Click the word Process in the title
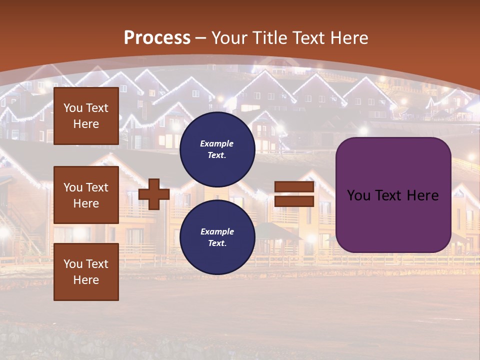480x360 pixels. [x=157, y=37]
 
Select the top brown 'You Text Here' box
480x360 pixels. [x=86, y=116]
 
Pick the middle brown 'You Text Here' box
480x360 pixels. [x=86, y=195]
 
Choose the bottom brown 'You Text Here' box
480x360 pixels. [x=86, y=272]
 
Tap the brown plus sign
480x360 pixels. [x=154, y=194]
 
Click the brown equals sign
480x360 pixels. [x=294, y=194]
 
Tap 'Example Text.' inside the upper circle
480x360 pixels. [x=217, y=149]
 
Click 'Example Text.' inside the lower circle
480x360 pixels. [x=217, y=237]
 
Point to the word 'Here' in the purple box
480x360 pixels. [x=423, y=195]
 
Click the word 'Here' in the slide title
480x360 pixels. [x=350, y=37]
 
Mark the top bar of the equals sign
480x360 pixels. [x=294, y=187]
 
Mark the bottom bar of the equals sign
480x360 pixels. [x=294, y=201]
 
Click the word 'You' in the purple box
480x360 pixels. [x=358, y=195]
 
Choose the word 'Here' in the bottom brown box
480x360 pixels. [x=86, y=280]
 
